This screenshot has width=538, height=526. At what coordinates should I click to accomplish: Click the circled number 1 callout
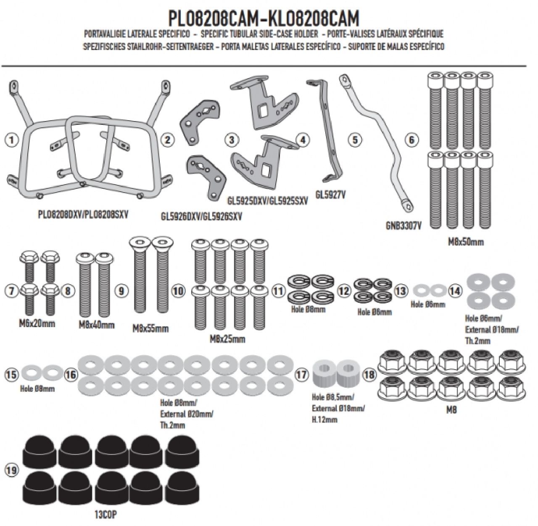click(13, 140)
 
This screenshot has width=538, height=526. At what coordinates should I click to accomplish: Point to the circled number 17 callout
click(301, 375)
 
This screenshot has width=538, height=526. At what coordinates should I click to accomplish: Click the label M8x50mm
click(465, 242)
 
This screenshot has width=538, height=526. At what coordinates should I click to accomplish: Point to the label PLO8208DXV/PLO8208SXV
click(82, 214)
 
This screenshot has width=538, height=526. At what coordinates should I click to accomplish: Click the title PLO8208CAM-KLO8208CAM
click(264, 19)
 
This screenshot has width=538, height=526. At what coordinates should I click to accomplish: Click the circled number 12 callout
click(344, 291)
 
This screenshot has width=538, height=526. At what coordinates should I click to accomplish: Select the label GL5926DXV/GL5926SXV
click(202, 217)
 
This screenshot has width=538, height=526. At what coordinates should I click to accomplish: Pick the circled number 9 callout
click(121, 291)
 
